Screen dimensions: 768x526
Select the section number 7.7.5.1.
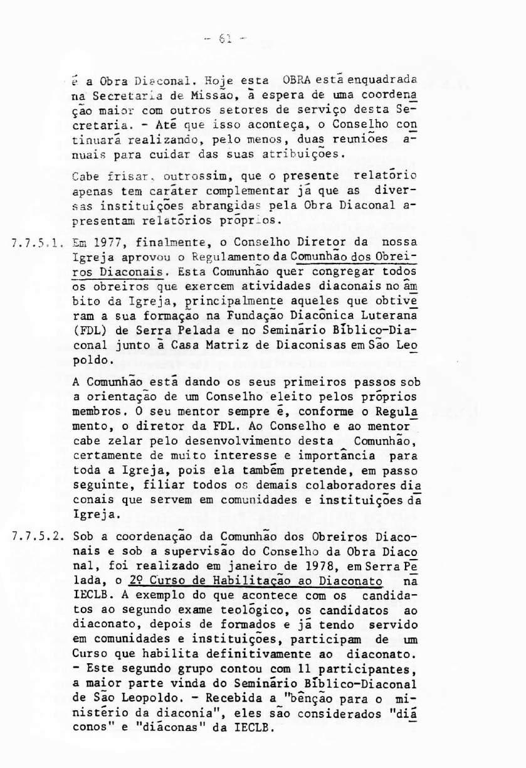39,242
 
